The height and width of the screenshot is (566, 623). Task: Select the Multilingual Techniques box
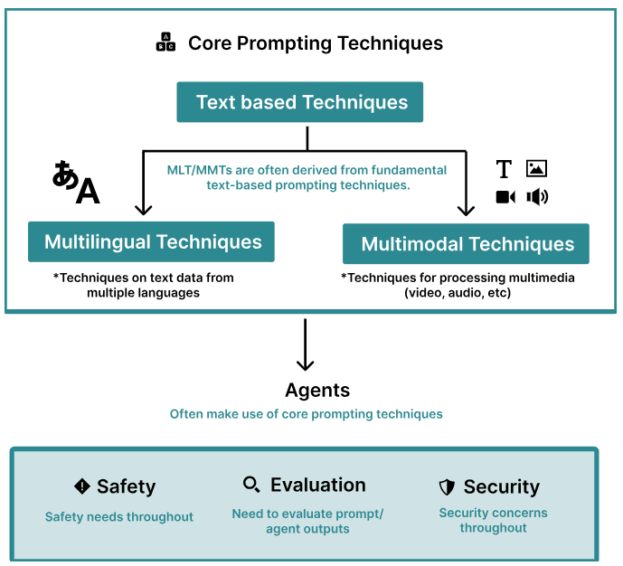[151, 242]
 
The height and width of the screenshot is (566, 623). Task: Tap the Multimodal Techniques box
[467, 244]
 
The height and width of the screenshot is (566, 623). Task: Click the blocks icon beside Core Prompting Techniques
[165, 42]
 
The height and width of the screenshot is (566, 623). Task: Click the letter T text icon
[504, 169]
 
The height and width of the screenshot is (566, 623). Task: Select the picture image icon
[536, 168]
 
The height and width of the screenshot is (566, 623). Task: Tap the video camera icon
[505, 197]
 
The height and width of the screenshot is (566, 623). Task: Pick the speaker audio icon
[537, 197]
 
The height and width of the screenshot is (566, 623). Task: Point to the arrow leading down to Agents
[306, 344]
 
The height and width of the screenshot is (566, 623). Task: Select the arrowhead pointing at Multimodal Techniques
[466, 208]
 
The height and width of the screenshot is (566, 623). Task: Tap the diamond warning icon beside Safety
[82, 486]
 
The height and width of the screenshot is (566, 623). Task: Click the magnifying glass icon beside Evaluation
[251, 485]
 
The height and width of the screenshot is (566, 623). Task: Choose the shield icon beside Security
[447, 487]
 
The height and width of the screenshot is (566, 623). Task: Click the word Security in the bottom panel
[501, 487]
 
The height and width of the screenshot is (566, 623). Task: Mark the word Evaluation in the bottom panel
[317, 486]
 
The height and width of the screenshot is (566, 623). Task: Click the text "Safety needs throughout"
[119, 517]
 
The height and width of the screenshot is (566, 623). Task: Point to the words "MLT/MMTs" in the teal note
[197, 170]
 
